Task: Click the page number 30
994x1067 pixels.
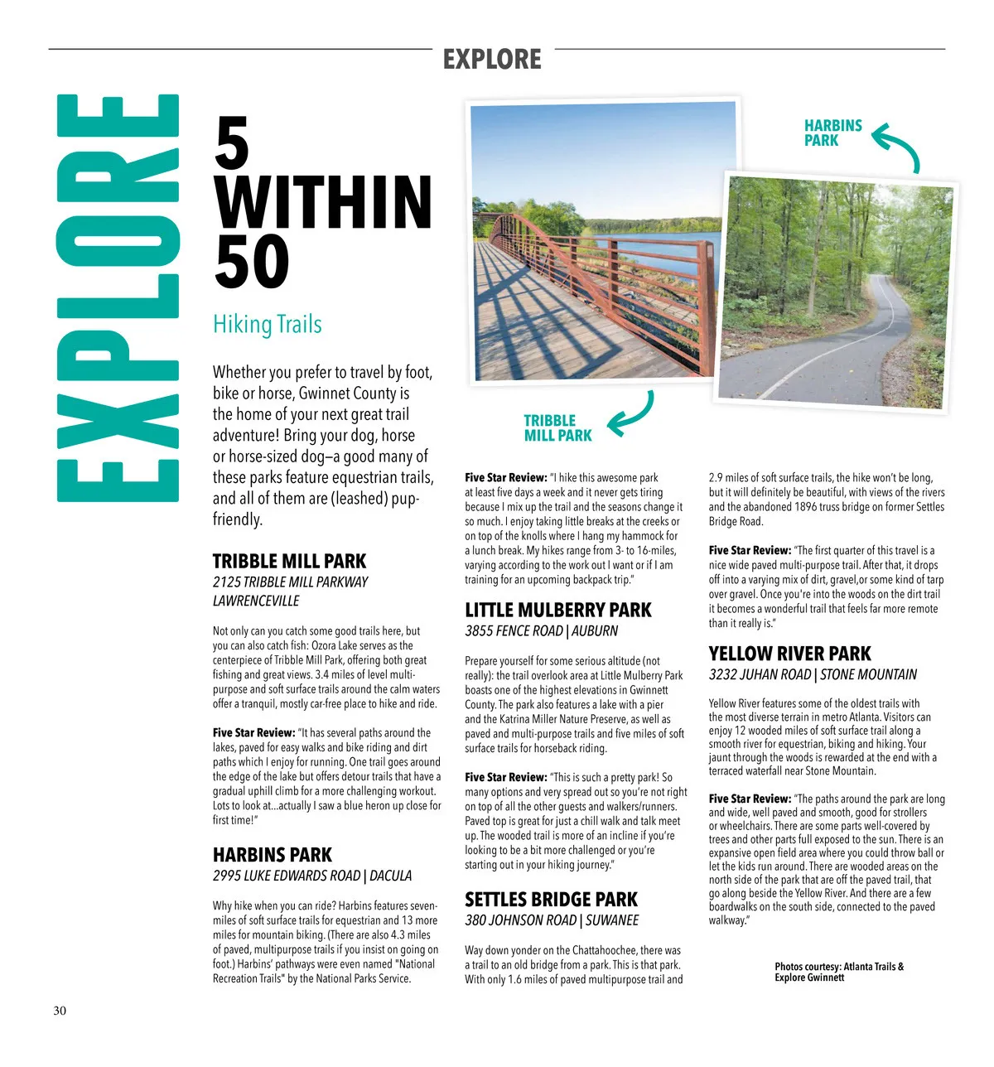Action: pos(60,1011)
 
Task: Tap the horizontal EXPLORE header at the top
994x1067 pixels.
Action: pos(492,60)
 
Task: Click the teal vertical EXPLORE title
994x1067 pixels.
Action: pos(118,298)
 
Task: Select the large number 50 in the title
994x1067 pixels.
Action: pos(252,262)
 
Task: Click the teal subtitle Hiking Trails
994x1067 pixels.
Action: pos(267,324)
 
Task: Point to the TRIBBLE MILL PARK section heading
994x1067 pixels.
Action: pos(289,561)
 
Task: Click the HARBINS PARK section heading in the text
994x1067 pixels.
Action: pos(272,854)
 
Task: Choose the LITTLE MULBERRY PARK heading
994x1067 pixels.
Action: pos(557,610)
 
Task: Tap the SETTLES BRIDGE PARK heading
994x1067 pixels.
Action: pos(551,899)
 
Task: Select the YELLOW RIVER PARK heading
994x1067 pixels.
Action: pos(789,653)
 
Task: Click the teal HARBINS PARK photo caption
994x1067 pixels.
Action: pos(832,133)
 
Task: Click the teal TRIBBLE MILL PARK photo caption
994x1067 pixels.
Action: pos(557,427)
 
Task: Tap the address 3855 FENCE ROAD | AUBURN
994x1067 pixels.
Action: pos(541,631)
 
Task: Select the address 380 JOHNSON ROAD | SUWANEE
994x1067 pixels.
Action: pos(552,920)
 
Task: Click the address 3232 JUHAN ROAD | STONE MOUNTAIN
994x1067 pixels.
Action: pos(813,674)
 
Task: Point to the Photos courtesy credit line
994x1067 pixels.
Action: pos(838,972)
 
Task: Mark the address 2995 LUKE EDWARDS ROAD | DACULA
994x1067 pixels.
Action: pos(311,876)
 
